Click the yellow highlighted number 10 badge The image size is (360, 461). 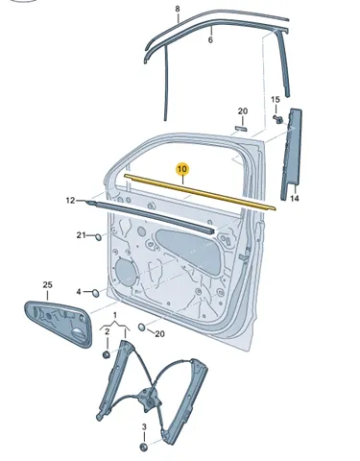[x=182, y=169]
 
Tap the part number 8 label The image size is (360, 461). [x=178, y=9]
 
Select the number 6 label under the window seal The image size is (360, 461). [x=210, y=40]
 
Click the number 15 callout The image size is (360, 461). [x=276, y=100]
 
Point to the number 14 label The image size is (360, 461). [x=295, y=199]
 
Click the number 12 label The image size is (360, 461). [x=70, y=201]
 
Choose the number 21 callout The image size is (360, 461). [x=81, y=235]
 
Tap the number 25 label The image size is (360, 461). [x=47, y=284]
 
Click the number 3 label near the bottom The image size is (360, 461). [x=144, y=426]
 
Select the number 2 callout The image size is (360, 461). [x=108, y=331]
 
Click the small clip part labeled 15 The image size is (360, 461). [x=278, y=119]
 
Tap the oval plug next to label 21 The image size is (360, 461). [x=98, y=237]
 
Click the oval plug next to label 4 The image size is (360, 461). [x=95, y=292]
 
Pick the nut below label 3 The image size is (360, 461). [x=144, y=447]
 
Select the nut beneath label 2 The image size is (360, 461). [x=106, y=354]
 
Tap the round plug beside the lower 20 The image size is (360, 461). [x=142, y=327]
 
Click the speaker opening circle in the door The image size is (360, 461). [x=126, y=272]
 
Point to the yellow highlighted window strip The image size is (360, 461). [x=200, y=192]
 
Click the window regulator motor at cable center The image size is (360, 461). [x=147, y=399]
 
